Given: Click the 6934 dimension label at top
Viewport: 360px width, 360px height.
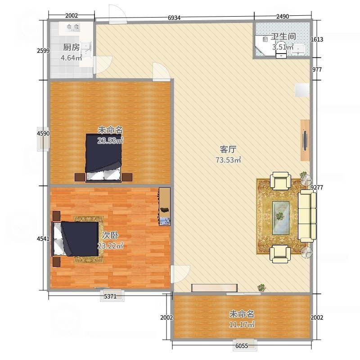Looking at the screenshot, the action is click(174, 18).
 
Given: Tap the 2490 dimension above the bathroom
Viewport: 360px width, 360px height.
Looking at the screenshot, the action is click(283, 16).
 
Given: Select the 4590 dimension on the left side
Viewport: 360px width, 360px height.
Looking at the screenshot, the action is click(43, 133).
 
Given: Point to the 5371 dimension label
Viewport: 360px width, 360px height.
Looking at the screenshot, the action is click(110, 296).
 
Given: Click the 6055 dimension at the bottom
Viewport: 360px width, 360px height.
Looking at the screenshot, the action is click(242, 346).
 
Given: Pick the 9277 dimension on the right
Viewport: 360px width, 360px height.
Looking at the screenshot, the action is click(317, 187).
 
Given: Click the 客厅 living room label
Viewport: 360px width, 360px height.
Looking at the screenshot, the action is click(228, 149).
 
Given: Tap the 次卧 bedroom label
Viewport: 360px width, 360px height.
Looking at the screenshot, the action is click(110, 235).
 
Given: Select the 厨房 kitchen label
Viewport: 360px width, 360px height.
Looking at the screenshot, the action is click(72, 47).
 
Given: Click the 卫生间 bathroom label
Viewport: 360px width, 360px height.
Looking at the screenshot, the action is click(283, 36).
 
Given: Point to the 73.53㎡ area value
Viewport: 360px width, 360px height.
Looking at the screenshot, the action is click(228, 160).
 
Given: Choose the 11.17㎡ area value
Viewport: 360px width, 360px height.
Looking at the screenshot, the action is click(242, 324).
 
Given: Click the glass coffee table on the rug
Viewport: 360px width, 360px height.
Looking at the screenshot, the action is click(280, 218).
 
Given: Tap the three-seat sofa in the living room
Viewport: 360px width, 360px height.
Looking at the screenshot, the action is click(307, 216).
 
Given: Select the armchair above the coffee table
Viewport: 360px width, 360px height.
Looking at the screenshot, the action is click(280, 181).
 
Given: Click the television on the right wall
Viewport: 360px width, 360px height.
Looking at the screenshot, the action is click(305, 140).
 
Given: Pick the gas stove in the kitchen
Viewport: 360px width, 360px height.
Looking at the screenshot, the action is click(73, 27).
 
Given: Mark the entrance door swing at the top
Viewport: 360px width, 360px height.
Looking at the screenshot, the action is click(117, 14).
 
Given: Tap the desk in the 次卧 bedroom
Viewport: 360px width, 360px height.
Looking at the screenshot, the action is click(165, 206).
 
